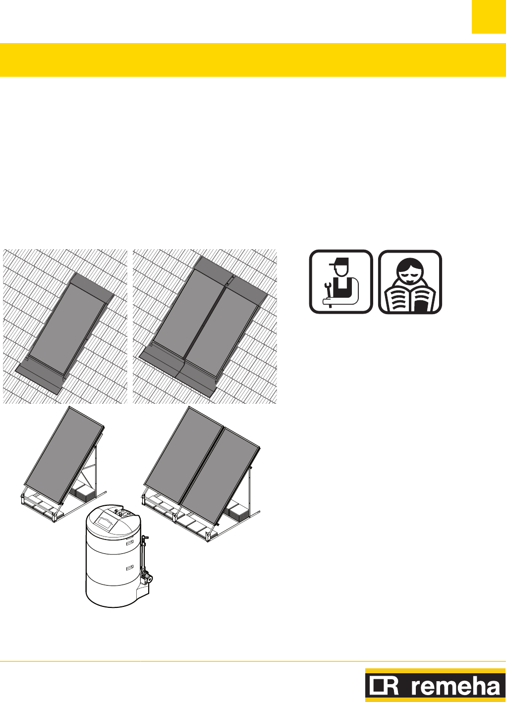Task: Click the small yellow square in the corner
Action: click(x=489, y=17)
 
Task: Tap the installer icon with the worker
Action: click(x=341, y=282)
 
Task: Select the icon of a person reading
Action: click(x=410, y=282)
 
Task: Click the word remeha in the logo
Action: click(x=456, y=687)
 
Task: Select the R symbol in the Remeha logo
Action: click(x=384, y=687)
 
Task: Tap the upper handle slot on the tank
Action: click(x=130, y=542)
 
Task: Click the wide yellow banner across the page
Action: click(x=253, y=60)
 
